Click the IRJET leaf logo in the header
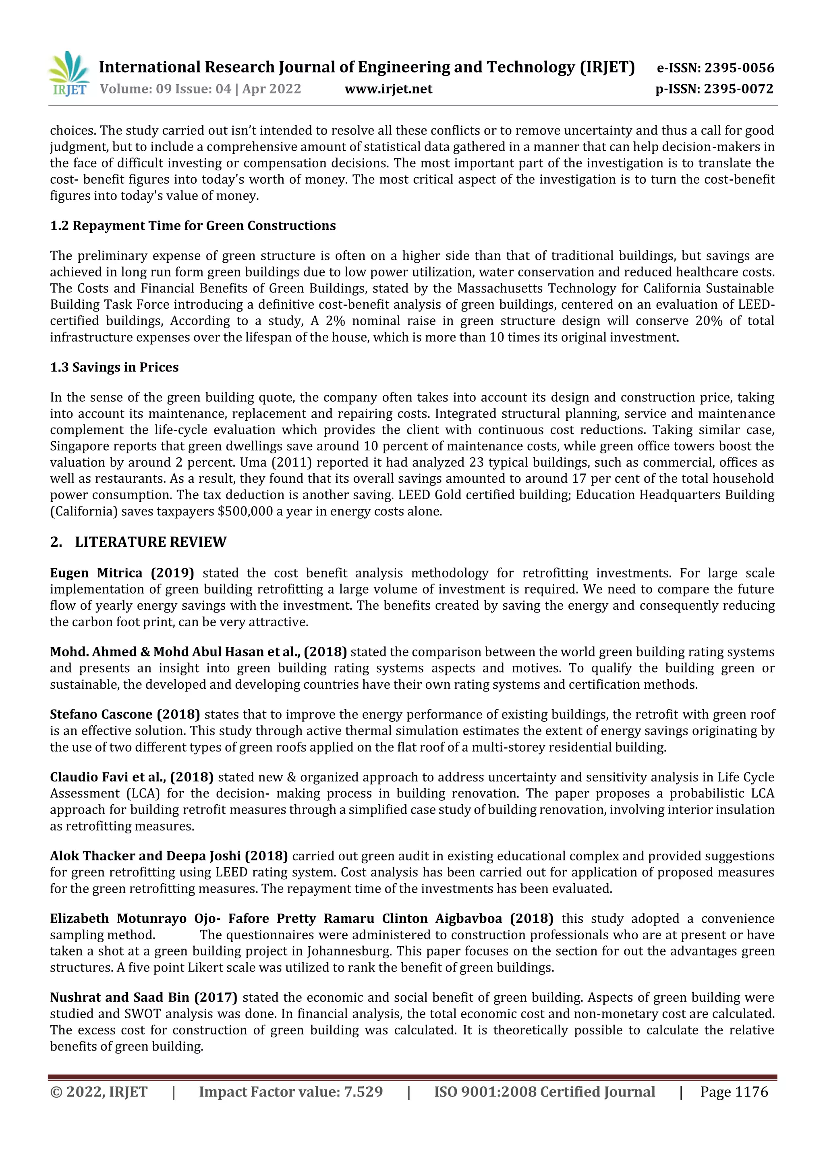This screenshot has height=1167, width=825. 68,74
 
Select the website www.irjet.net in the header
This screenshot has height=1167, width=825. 388,89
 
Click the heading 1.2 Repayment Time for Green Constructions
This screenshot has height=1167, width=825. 193,226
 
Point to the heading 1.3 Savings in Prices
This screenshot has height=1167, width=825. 114,368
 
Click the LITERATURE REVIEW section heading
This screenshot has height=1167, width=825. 150,542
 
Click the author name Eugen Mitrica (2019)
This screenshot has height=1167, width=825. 122,573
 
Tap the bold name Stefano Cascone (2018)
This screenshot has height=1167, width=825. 124,714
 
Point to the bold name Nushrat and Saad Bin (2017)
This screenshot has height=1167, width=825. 143,997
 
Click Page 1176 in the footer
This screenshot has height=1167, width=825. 734,1092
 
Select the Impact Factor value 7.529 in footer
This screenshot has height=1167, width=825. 362,1092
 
